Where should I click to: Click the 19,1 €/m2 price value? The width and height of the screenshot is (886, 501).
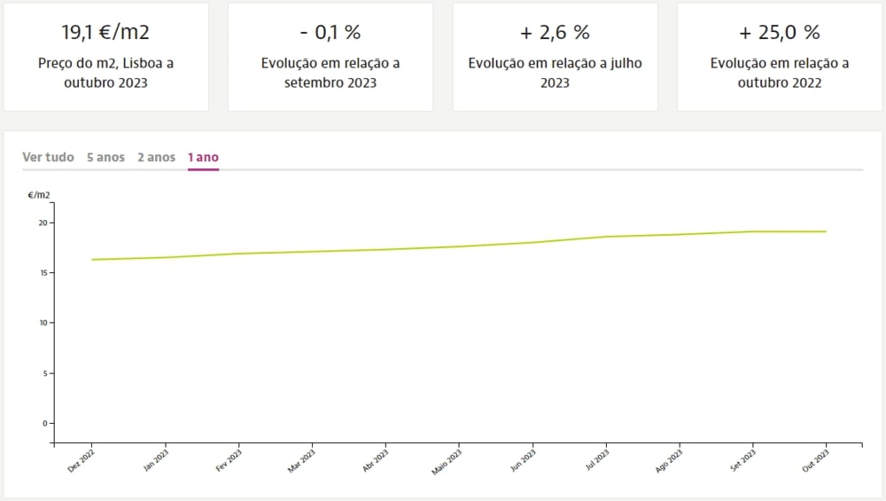coord(105,33)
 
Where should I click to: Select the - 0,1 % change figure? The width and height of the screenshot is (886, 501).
coord(330,33)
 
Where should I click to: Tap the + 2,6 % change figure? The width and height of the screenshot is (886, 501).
coord(555,33)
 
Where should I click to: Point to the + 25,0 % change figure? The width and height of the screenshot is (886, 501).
coord(780,33)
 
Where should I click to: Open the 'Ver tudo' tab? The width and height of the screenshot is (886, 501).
coord(48,157)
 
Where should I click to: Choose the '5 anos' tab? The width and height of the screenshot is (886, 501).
coord(105,157)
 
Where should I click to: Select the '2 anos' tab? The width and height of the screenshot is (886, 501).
coord(156,157)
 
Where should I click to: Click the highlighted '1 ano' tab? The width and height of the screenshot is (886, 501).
coord(203,157)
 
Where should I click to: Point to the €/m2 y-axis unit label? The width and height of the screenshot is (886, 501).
coord(39,194)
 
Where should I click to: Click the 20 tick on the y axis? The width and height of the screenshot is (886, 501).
coord(44,223)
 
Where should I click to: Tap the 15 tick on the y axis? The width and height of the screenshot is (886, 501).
coord(44,273)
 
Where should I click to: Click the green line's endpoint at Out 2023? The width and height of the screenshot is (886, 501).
coord(826,231)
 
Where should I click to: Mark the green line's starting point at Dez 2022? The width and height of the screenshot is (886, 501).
coord(92,260)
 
